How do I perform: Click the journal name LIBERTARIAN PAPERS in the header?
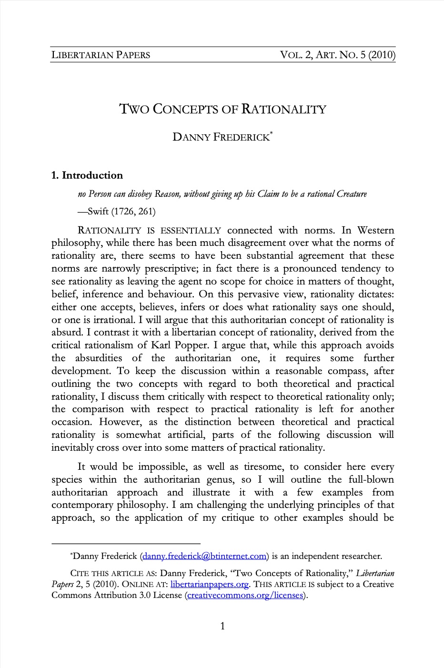(101, 55)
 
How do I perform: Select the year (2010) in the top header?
(382, 55)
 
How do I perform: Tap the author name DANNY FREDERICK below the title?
(221, 138)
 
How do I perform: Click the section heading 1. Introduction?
(87, 175)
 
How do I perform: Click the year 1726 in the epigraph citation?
(125, 211)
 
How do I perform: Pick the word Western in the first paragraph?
(375, 230)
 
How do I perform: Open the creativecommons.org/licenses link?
(245, 596)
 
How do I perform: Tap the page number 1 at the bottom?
(222, 626)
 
